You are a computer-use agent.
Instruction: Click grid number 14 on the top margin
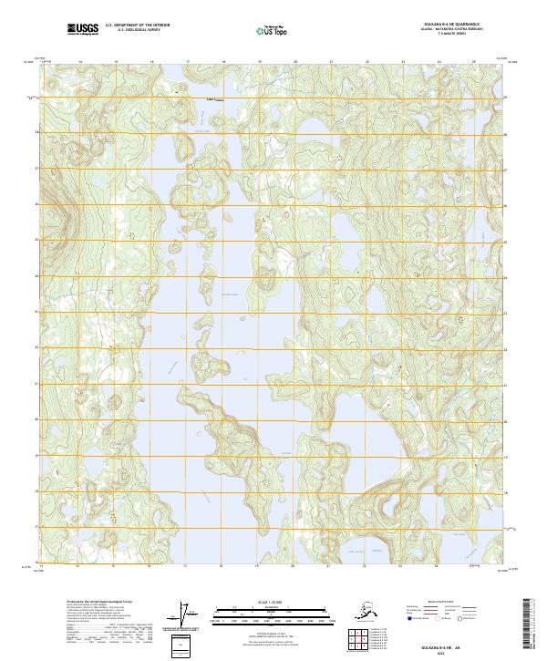80,62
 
